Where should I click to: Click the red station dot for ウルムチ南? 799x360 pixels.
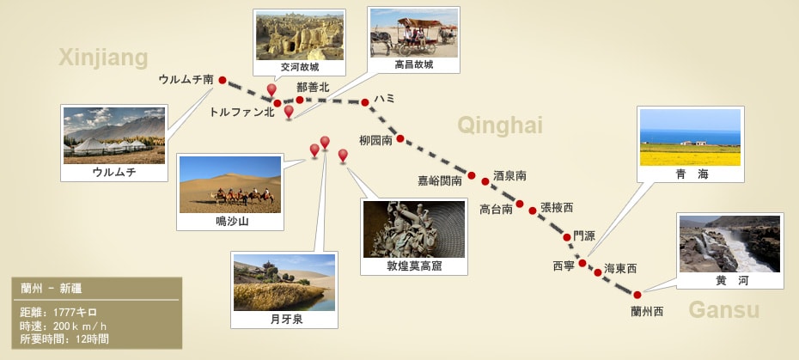223,80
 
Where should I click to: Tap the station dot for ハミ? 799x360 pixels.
365,102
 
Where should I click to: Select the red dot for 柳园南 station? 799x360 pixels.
400,138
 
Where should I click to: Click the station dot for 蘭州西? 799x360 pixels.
637,295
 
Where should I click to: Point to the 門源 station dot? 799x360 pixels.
567,237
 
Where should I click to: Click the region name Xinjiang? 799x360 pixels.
103,58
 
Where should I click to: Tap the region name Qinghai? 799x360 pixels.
500,125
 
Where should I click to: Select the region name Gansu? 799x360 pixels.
724,309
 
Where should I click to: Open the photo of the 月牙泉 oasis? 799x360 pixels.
284,283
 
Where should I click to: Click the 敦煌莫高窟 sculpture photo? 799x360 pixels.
414,229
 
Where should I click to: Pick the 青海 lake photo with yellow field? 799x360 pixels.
690,137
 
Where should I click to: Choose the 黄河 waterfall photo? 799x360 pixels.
729,244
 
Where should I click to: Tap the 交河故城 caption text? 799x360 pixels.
300,67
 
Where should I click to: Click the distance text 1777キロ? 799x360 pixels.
75,313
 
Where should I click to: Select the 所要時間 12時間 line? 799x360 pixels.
64,339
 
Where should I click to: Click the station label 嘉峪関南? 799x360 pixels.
440,180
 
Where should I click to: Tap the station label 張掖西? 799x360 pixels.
557,208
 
